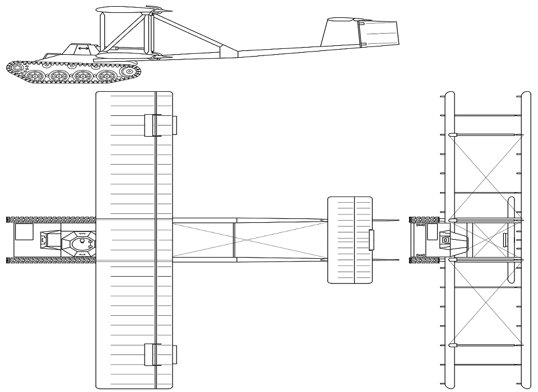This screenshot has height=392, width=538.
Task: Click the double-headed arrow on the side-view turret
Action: (x=83, y=49)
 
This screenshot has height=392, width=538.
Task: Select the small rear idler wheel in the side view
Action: (x=130, y=71)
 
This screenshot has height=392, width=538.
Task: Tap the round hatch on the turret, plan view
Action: (x=82, y=243)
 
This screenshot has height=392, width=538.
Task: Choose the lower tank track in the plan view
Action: (x=50, y=260)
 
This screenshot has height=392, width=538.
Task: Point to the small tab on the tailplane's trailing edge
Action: (x=370, y=239)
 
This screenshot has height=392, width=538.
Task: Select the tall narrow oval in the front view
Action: (x=511, y=240)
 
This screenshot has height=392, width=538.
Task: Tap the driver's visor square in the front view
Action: (x=446, y=240)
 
